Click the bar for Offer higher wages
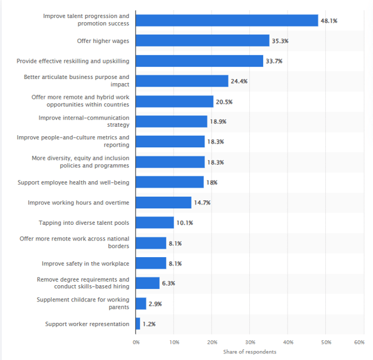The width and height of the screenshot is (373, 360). [x=203, y=41]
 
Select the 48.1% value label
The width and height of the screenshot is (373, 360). [x=329, y=20]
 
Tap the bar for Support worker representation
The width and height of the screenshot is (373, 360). [x=138, y=324]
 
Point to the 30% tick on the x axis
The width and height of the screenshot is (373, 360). [x=250, y=342]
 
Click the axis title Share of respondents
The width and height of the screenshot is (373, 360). [x=249, y=352]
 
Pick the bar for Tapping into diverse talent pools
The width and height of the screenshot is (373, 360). [x=155, y=223]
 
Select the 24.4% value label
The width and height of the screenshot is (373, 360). [x=239, y=81]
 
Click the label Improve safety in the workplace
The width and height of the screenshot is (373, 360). [x=85, y=263]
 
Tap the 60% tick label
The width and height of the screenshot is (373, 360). [x=359, y=342]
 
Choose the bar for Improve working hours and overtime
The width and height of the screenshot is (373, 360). [x=164, y=203]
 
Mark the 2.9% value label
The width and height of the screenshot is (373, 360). [x=155, y=304]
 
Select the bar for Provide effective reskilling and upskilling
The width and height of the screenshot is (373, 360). [x=200, y=61]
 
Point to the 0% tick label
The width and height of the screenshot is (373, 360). [x=136, y=342]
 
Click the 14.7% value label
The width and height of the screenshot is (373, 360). [x=202, y=203]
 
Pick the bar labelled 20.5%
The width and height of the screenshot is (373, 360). [x=175, y=102]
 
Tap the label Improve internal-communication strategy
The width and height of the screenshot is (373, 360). [x=84, y=121]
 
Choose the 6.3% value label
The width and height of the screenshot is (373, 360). [x=168, y=283]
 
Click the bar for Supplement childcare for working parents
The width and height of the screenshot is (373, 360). [x=141, y=304]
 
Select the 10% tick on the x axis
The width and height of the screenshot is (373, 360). [x=174, y=342]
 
